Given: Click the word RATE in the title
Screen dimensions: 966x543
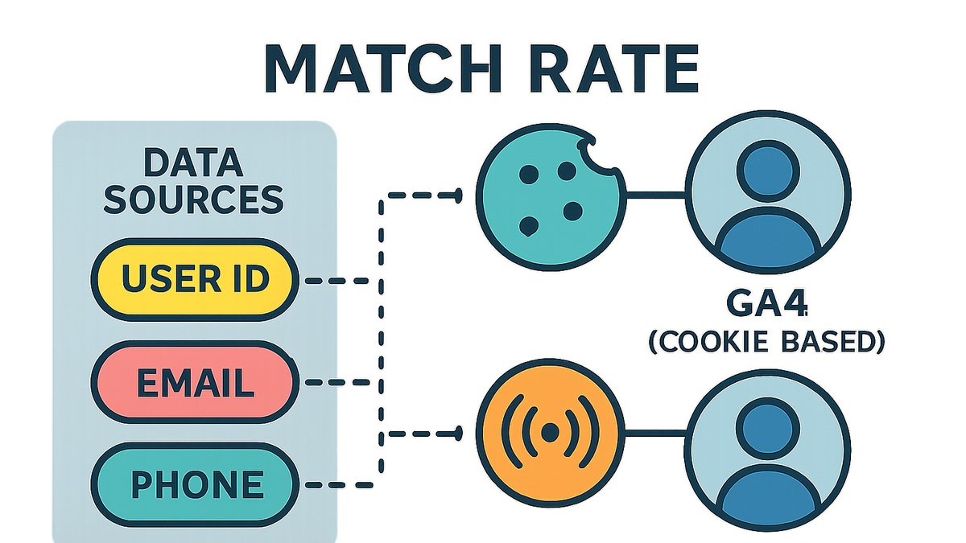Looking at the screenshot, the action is (613, 68).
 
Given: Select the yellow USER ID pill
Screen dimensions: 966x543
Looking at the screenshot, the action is (195, 280).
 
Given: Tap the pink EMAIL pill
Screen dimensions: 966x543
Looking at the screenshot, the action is (195, 382).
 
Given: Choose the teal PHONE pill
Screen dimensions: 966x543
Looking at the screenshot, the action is (195, 484).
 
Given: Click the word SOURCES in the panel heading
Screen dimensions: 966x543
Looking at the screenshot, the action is (194, 200).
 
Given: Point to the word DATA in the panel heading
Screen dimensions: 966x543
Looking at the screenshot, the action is (193, 162).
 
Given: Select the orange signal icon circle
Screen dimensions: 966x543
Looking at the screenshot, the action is (551, 432).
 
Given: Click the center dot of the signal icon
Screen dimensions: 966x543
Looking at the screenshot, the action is (550, 432).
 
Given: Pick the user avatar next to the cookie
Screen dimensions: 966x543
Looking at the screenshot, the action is (768, 192).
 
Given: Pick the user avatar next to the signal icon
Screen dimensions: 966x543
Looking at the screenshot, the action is (768, 450).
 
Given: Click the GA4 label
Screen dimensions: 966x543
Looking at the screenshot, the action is (766, 304).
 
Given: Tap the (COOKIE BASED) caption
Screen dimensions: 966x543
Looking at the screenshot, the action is (766, 342).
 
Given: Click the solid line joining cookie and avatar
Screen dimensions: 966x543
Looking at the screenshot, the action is (655, 195).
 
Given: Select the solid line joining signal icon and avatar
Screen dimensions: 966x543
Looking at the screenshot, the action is (655, 433).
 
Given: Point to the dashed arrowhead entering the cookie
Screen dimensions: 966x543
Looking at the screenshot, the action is (458, 195).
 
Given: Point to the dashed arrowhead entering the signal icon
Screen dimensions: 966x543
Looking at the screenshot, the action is (458, 434).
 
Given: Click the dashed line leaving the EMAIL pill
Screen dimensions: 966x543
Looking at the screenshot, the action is (337, 382).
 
